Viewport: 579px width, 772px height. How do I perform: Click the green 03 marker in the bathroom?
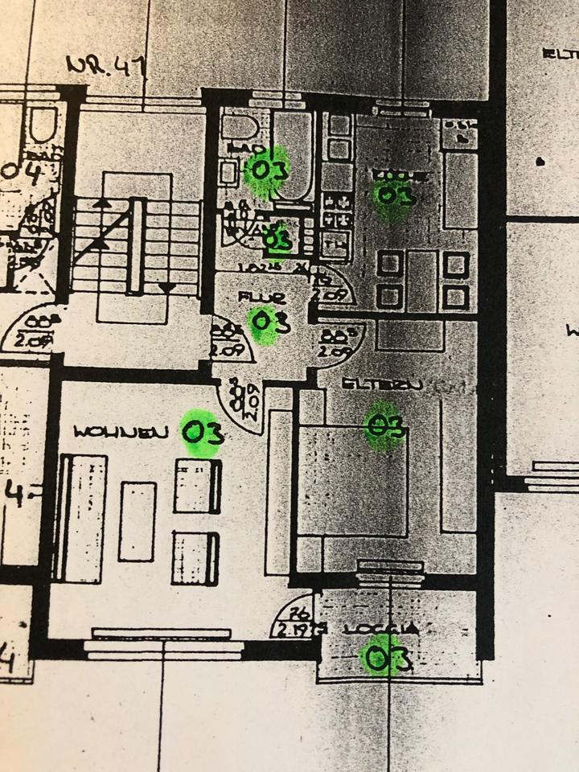[x=268, y=170]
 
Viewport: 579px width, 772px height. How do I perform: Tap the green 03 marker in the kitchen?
[x=394, y=196]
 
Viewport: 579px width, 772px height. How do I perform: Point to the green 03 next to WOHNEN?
[x=201, y=433]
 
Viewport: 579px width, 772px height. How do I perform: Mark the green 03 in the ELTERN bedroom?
[x=384, y=425]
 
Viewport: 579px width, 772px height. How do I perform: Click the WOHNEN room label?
[x=121, y=432]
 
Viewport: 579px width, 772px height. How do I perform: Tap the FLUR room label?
[x=262, y=298]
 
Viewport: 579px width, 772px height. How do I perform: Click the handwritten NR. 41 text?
[x=104, y=65]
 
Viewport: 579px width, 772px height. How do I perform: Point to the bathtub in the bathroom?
[x=292, y=153]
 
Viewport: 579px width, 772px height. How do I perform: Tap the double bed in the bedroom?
[x=352, y=481]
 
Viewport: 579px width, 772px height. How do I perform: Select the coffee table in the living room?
[x=138, y=521]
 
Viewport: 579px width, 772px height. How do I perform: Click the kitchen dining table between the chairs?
[x=422, y=280]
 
